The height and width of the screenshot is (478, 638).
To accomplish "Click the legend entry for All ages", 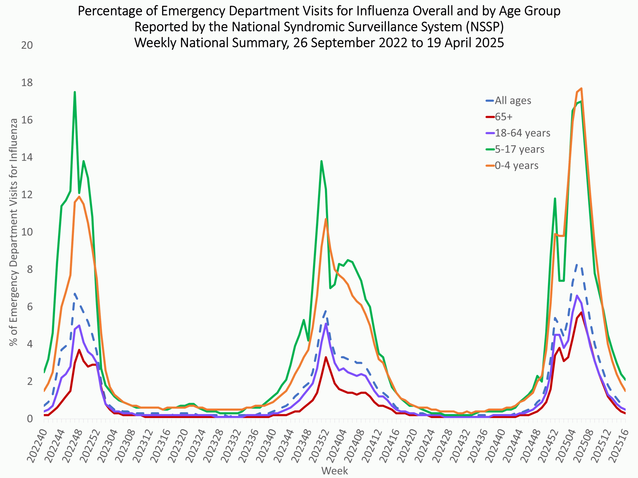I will pyautogui.click(x=513, y=101).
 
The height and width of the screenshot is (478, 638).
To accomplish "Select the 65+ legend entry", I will pyautogui.click(x=504, y=117).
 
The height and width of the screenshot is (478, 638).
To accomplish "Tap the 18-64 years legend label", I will pyautogui.click(x=522, y=133).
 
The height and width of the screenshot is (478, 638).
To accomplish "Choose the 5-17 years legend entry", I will pyautogui.click(x=519, y=149).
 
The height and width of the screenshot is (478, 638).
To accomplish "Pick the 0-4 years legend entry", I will pyautogui.click(x=517, y=165).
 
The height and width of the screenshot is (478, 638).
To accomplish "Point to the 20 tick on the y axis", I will pyautogui.click(x=27, y=45).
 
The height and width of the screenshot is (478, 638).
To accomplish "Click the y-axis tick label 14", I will pyautogui.click(x=27, y=157).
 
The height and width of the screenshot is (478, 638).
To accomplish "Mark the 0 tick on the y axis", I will pyautogui.click(x=30, y=419).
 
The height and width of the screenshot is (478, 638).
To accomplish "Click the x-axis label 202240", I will pyautogui.click(x=37, y=445).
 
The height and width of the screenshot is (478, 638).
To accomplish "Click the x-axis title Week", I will pyautogui.click(x=334, y=471).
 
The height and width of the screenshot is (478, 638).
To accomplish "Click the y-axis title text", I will pyautogui.click(x=13, y=232).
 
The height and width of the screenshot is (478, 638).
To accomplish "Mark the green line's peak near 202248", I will pyautogui.click(x=75, y=92).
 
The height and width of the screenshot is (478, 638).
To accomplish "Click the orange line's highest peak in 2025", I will pyautogui.click(x=581, y=88).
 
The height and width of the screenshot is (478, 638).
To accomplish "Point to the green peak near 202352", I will pyautogui.click(x=321, y=161).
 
